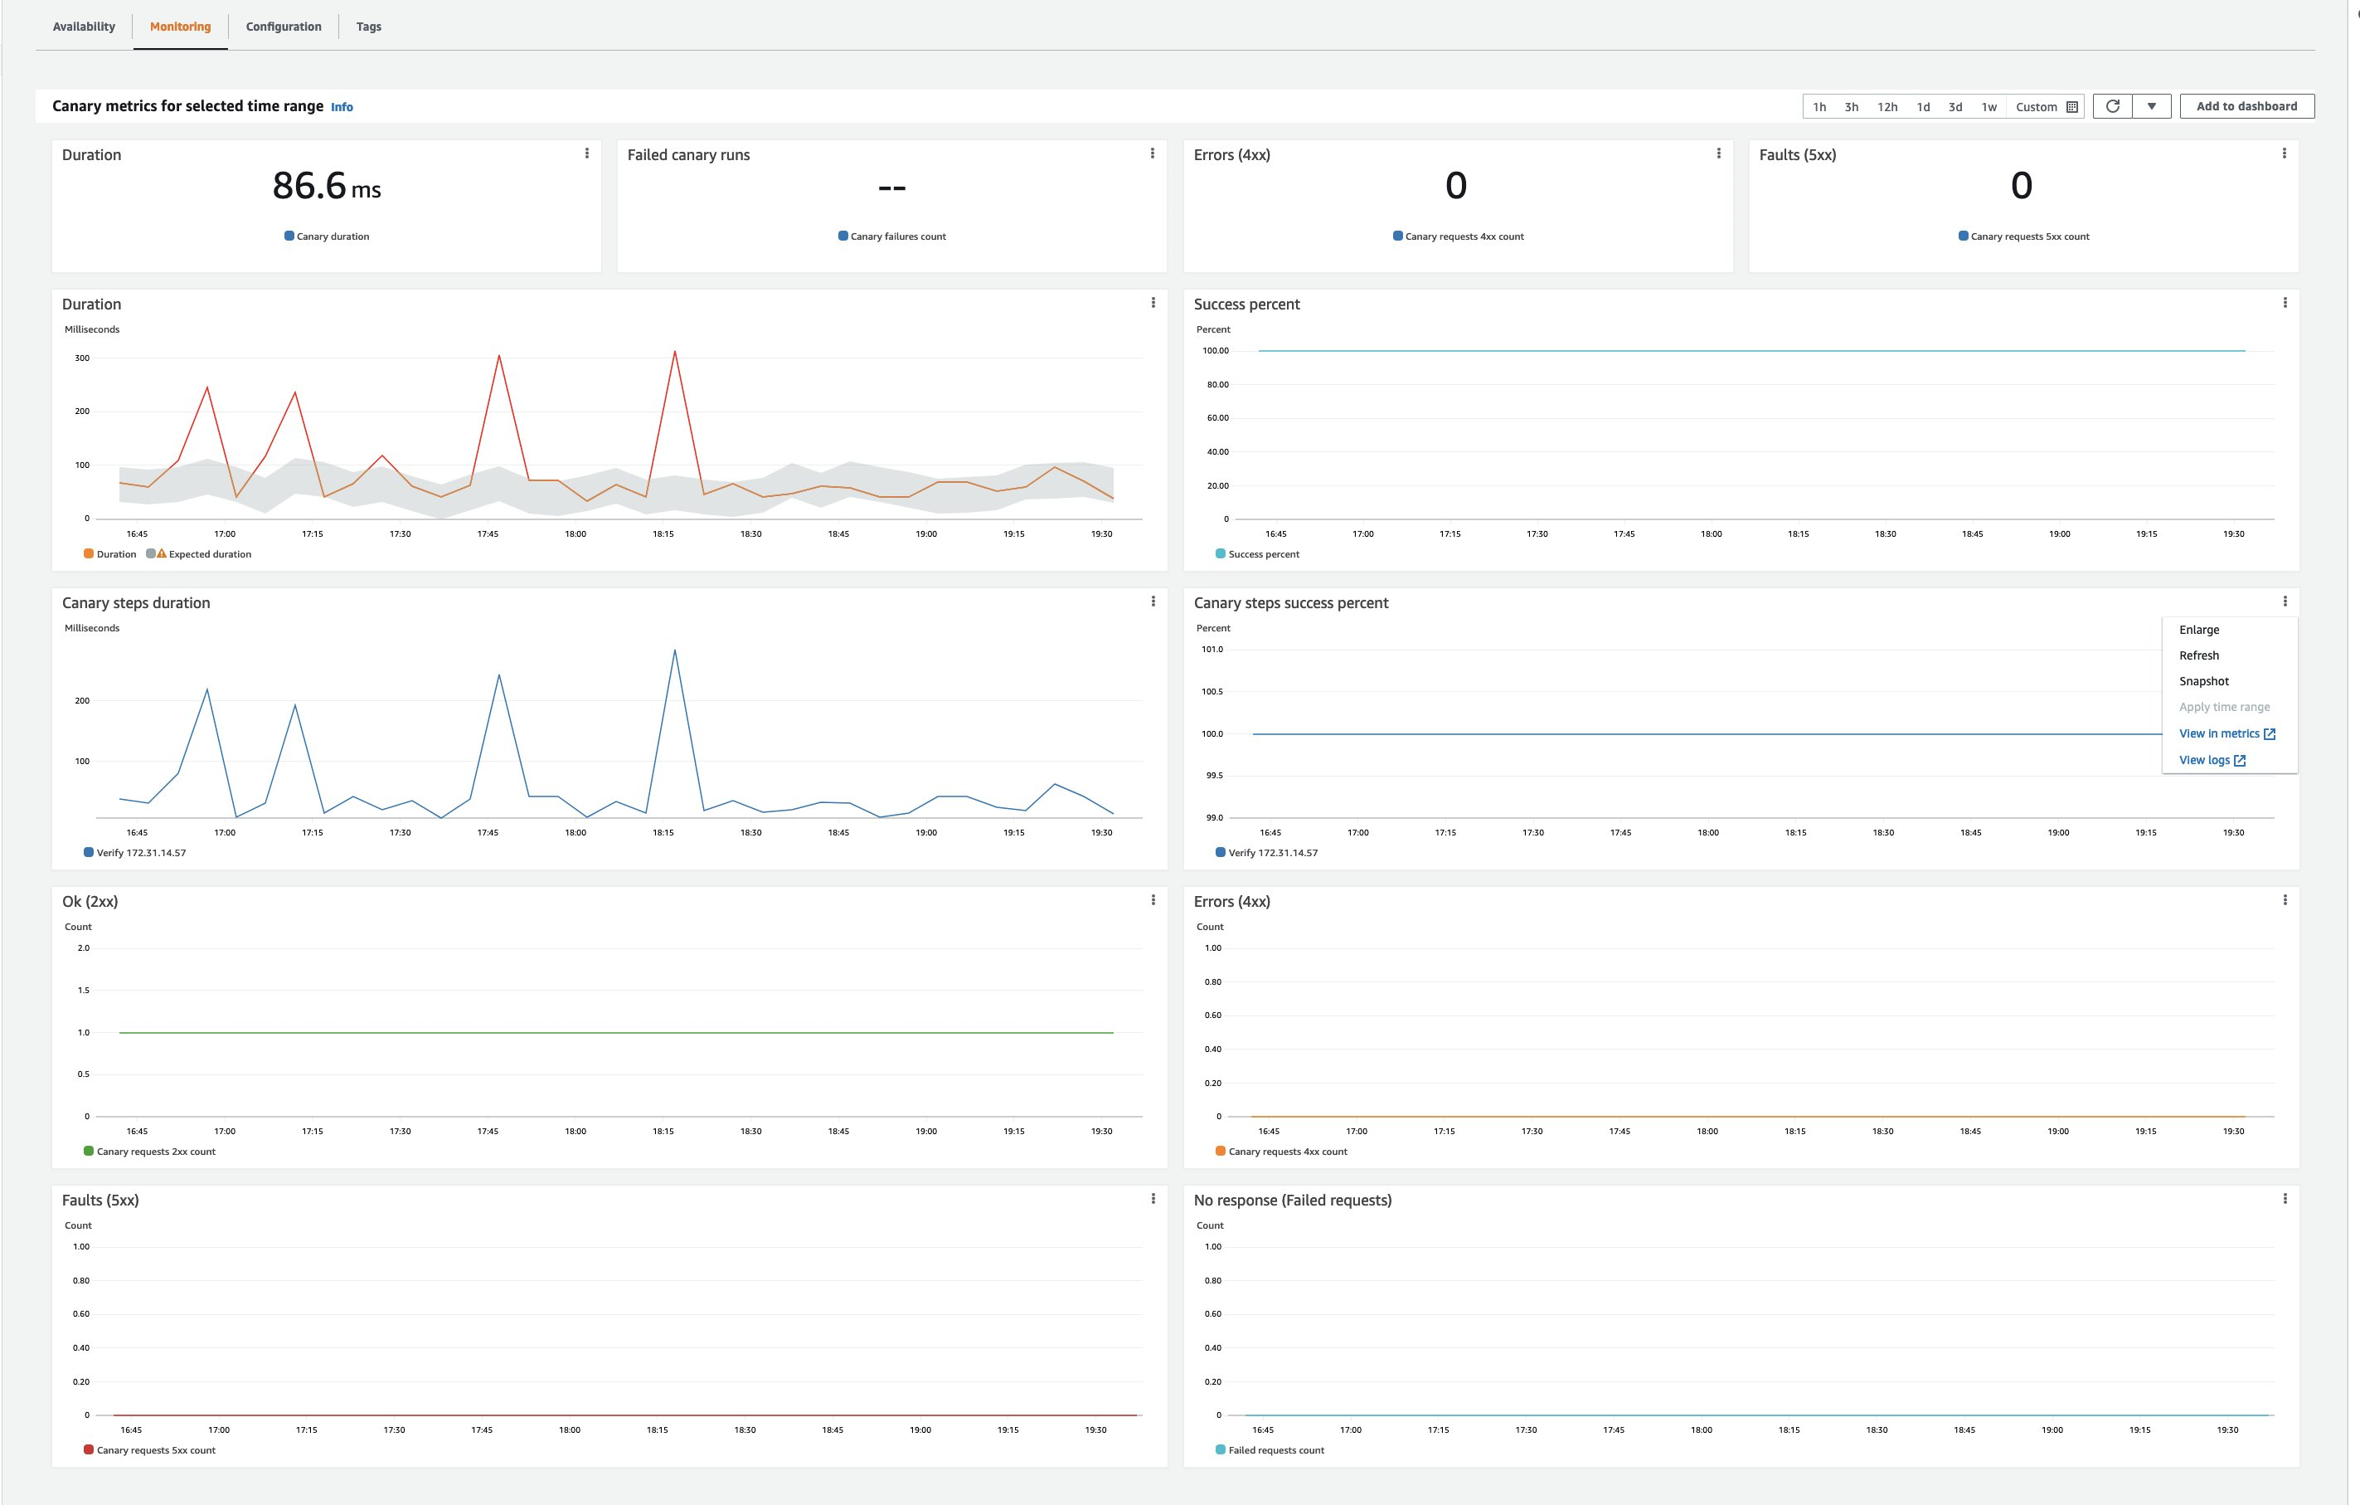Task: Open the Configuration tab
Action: pos(284,27)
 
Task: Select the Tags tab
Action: pos(368,27)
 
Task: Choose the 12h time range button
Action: pos(1887,107)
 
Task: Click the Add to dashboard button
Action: pos(2246,106)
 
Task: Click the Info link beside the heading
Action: pos(341,107)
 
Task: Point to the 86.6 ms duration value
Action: pos(327,187)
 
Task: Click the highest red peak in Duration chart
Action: pos(674,352)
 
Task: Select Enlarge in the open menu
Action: pos(2199,630)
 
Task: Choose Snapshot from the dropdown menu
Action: pos(2204,681)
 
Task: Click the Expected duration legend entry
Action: pos(209,554)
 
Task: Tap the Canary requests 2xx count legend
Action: pos(155,1151)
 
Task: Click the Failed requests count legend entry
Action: pos(1275,1450)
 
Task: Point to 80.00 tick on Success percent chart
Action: pos(1217,384)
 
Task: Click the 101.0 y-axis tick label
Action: pos(1212,649)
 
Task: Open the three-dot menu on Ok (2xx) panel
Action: pos(1153,900)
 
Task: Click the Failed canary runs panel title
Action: pos(688,155)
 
